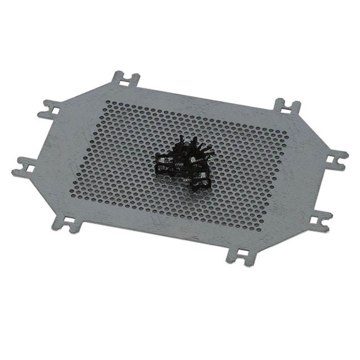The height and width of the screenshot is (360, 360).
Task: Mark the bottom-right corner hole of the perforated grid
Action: (258, 228)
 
